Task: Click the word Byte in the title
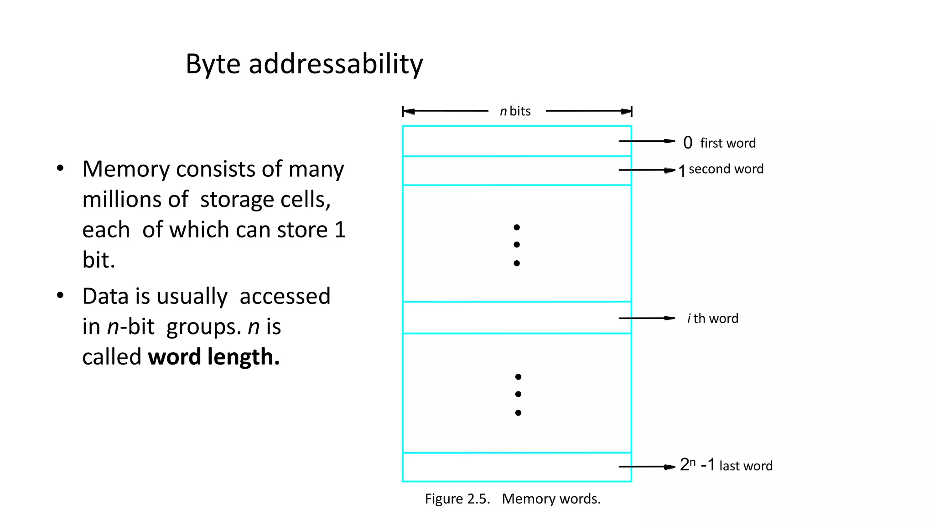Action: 213,64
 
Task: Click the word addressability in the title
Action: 336,64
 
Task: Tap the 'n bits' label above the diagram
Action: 515,111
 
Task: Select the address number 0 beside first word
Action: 688,143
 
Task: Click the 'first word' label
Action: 728,143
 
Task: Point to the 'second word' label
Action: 726,169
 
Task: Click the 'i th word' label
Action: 712,319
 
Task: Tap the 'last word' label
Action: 746,466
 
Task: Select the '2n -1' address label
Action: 697,465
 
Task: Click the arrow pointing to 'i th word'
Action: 647,318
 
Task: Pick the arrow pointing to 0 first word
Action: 647,141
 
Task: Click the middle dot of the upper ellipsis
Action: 517,245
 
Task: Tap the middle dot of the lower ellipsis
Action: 518,394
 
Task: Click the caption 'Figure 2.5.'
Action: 457,499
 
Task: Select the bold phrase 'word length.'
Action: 213,357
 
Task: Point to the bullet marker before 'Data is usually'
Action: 60,296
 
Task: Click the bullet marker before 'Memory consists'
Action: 60,169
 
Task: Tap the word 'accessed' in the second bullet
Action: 285,296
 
